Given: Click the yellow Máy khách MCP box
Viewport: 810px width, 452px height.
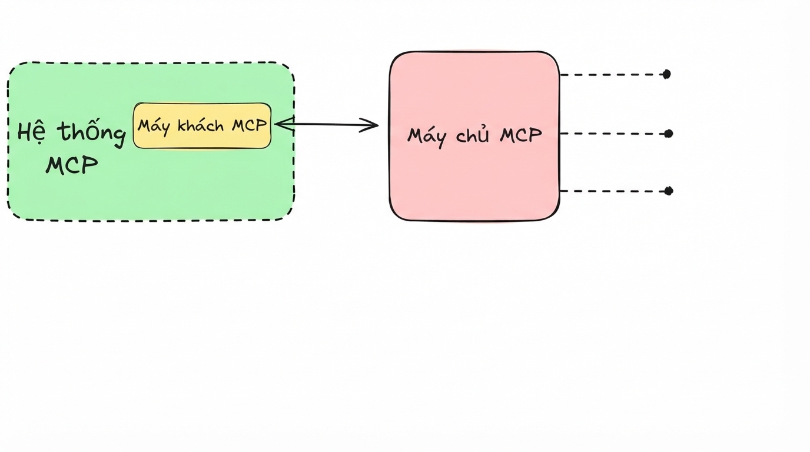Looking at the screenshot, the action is click(x=202, y=125).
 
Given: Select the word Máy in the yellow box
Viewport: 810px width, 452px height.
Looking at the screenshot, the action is click(x=153, y=127).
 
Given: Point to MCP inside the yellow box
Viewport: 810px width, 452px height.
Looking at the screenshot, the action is click(x=249, y=125).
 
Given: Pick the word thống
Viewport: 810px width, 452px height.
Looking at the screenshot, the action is click(x=92, y=134).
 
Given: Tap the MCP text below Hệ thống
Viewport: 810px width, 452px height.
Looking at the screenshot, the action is click(x=72, y=165).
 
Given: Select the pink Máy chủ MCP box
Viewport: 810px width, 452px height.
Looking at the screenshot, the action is click(x=474, y=136).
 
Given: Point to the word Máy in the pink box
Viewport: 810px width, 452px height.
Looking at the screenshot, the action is click(x=427, y=137).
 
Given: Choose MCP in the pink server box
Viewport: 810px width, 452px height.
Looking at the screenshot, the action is click(x=521, y=135).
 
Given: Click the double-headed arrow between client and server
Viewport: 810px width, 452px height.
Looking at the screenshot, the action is click(x=327, y=125).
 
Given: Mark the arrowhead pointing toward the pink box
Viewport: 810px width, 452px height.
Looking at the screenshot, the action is click(x=371, y=125).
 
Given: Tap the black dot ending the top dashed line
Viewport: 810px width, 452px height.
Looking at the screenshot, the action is click(x=666, y=74).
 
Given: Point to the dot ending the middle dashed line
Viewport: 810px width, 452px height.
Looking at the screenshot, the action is click(x=669, y=134).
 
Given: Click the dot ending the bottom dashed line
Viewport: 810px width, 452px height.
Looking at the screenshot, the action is click(x=669, y=191).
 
